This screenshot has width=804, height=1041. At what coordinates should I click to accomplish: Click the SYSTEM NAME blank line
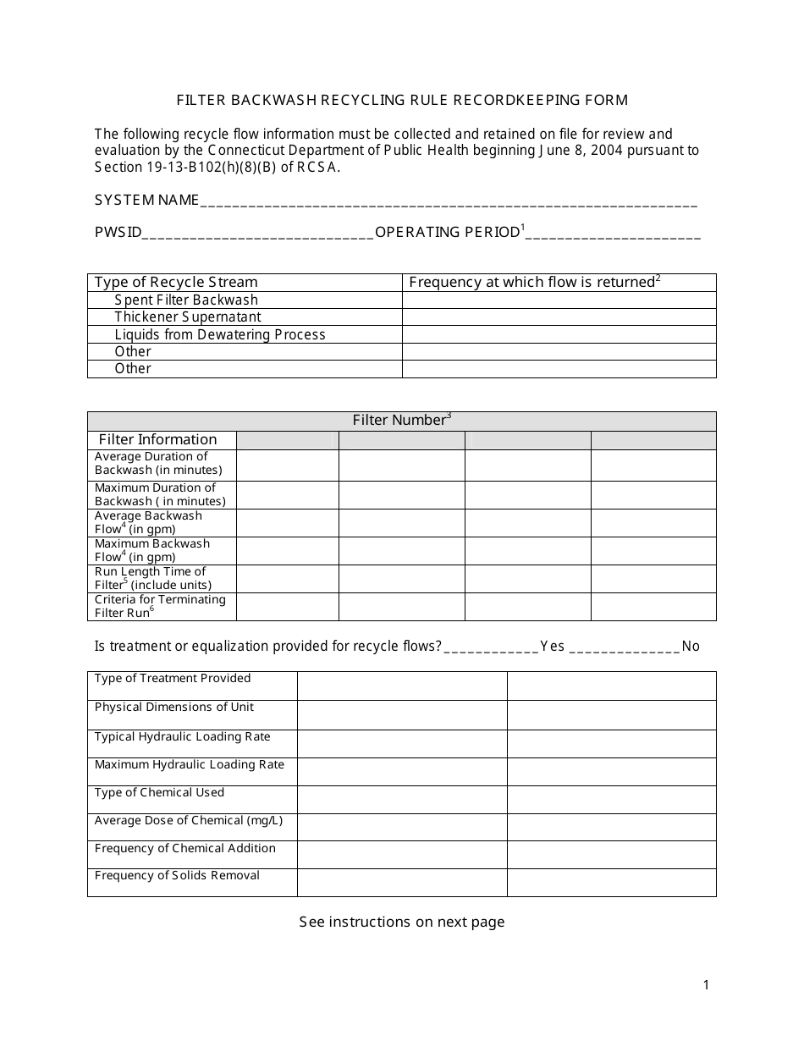(449, 203)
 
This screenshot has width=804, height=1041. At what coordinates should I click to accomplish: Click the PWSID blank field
(257, 235)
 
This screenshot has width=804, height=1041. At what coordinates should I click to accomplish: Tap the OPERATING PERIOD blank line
(613, 235)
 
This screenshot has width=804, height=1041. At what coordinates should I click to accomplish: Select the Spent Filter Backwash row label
(186, 300)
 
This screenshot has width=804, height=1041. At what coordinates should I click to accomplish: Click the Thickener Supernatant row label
(188, 317)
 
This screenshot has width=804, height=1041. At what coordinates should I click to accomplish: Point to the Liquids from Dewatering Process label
(220, 334)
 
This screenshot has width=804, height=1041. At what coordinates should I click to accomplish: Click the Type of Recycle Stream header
(176, 282)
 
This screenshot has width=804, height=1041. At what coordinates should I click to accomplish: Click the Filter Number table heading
(401, 421)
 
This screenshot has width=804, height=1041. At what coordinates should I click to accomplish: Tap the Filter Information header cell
(158, 439)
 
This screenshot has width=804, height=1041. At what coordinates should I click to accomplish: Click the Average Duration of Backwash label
(158, 463)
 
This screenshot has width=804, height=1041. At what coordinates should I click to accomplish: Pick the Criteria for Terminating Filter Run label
(160, 606)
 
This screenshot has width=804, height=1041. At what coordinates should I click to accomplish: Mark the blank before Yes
(491, 648)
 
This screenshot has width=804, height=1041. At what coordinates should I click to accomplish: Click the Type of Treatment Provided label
(173, 678)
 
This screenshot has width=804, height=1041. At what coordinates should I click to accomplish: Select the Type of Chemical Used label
(159, 792)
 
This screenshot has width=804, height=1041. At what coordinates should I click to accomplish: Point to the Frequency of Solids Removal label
(177, 875)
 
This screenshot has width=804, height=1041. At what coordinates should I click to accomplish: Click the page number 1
(707, 984)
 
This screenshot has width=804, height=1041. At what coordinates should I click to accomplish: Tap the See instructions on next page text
(401, 922)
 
